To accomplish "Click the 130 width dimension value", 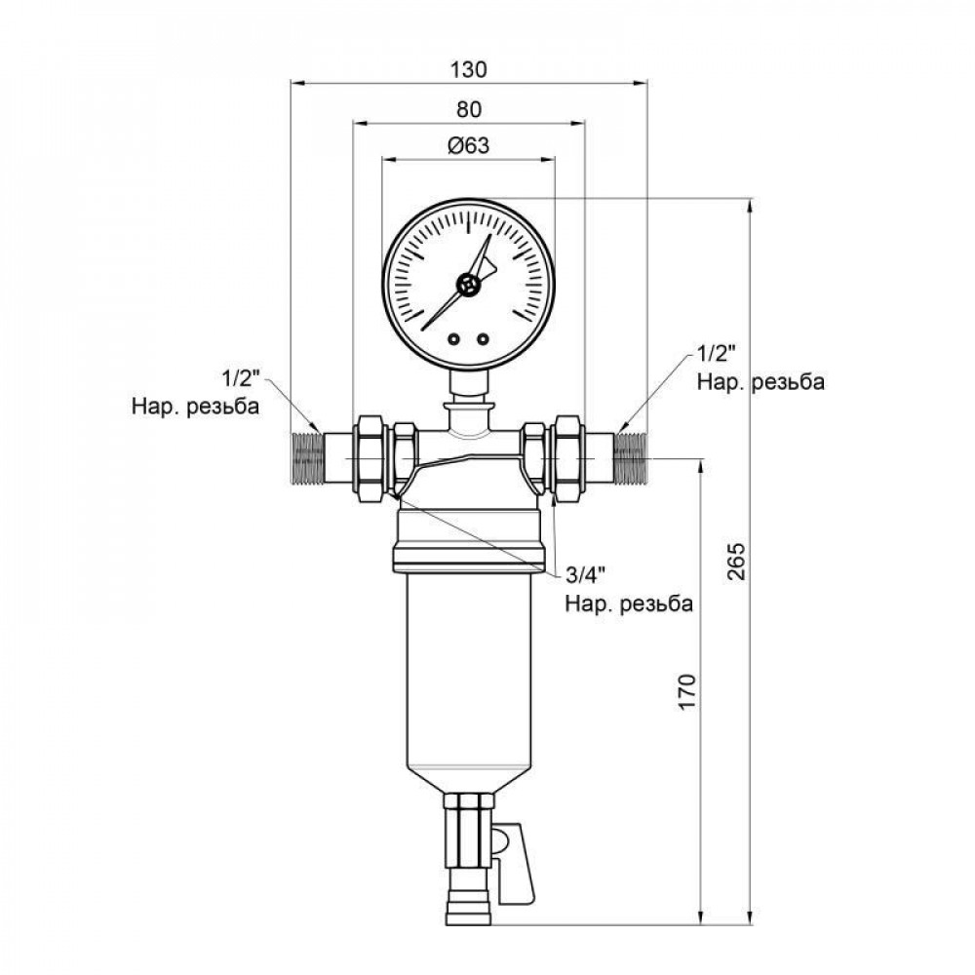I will [469, 70].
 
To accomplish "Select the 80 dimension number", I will [469, 108].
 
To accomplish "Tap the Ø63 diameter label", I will [468, 145].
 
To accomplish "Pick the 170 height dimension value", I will [687, 691].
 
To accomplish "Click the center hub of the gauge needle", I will [469, 286].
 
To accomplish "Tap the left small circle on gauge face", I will [454, 339].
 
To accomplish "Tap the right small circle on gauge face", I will [483, 339].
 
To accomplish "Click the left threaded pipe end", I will [308, 455].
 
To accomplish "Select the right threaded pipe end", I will [632, 455].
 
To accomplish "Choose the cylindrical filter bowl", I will [468, 682].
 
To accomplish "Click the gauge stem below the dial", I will [469, 385].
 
